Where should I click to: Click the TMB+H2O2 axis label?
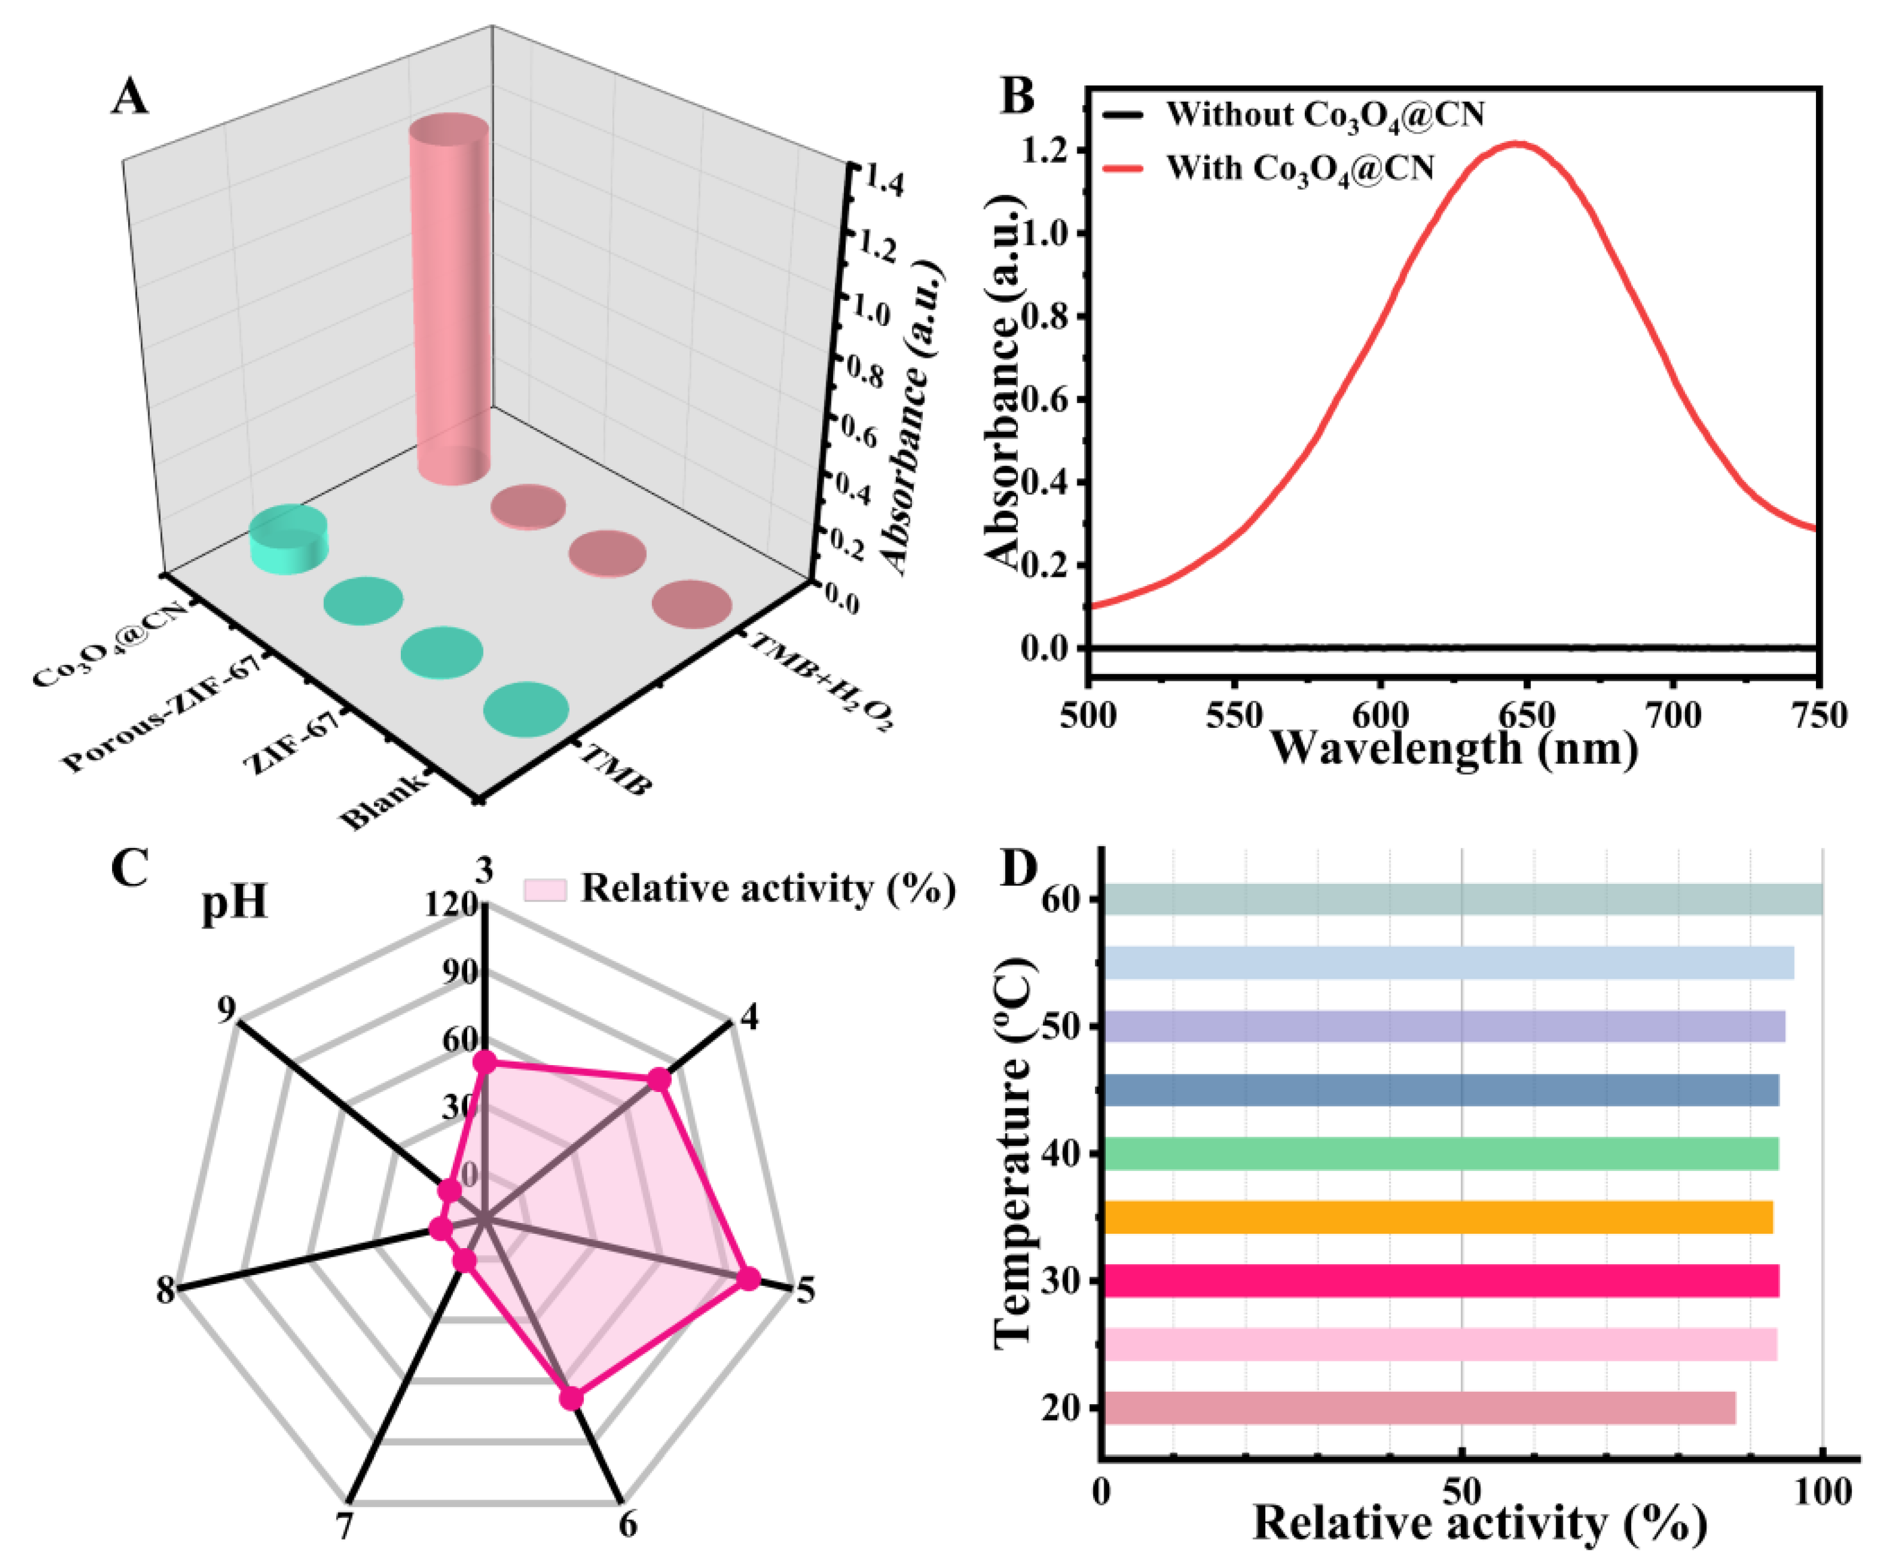(x=821, y=682)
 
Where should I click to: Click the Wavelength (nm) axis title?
(x=1453, y=747)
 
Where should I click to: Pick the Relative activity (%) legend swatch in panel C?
(x=544, y=890)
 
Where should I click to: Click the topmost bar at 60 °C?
(x=1463, y=899)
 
